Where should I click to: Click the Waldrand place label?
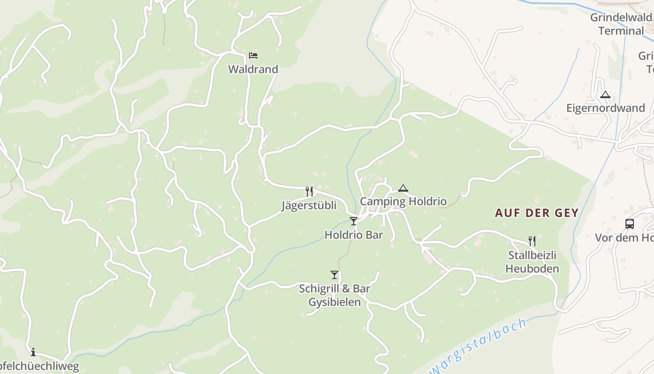pyautogui.click(x=253, y=69)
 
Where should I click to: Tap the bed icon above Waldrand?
pyautogui.click(x=253, y=56)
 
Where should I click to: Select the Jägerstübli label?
pyautogui.click(x=309, y=205)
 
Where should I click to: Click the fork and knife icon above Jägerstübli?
pyautogui.click(x=309, y=191)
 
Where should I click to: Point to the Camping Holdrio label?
pyautogui.click(x=403, y=201)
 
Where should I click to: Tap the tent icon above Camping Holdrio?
pyautogui.click(x=403, y=188)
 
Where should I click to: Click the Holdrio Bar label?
pyautogui.click(x=354, y=235)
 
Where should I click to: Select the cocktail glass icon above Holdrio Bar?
pyautogui.click(x=354, y=221)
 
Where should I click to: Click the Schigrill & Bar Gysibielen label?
pyautogui.click(x=334, y=295)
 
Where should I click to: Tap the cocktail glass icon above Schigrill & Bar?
pyautogui.click(x=334, y=275)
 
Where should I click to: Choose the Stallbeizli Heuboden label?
pyautogui.click(x=532, y=262)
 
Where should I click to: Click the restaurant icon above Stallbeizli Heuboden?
pyautogui.click(x=532, y=241)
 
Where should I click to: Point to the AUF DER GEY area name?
pyautogui.click(x=537, y=213)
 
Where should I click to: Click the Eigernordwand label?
pyautogui.click(x=605, y=108)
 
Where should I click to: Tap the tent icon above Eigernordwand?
pyautogui.click(x=605, y=95)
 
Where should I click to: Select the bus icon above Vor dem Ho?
pyautogui.click(x=630, y=224)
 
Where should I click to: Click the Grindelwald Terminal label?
pyautogui.click(x=621, y=24)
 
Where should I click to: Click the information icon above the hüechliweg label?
pyautogui.click(x=33, y=352)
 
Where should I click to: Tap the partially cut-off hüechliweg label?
pyautogui.click(x=39, y=366)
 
